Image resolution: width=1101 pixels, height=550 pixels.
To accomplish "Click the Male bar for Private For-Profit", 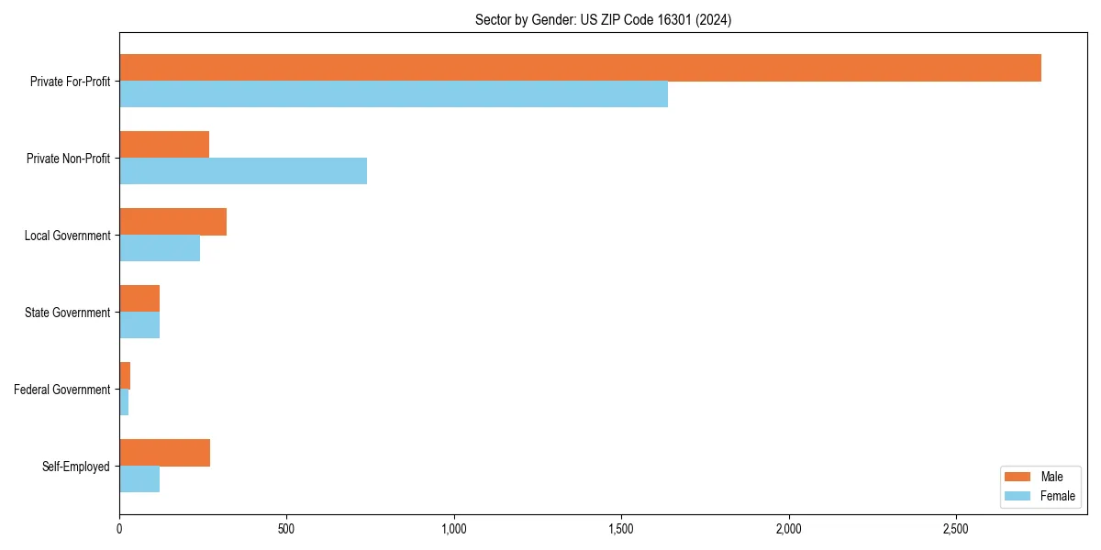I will coord(580,68).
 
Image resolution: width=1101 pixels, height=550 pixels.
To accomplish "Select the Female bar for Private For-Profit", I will coord(394,94).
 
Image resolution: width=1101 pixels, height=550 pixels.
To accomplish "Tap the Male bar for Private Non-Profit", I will coord(164,145).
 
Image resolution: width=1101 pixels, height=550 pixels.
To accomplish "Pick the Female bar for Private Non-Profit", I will coord(243,171).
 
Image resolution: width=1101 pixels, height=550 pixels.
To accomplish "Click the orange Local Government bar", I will coord(172,222).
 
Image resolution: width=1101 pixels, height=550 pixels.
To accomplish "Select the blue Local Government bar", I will coord(160,248).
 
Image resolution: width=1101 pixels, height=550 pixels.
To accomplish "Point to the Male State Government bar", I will coord(139,299).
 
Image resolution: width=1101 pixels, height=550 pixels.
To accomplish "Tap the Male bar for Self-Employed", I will coord(164,453).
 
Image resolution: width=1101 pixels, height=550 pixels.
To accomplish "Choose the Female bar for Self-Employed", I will coord(139,479).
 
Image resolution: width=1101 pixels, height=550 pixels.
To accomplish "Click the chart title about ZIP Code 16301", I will coord(603,19).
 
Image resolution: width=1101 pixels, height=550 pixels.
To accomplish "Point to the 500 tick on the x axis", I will coord(286,529).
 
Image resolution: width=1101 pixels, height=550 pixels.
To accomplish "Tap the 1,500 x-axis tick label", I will coord(621,529).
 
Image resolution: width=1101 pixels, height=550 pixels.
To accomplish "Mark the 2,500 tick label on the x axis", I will coord(956,529).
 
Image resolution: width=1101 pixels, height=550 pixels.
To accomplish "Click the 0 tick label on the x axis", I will coord(119,529).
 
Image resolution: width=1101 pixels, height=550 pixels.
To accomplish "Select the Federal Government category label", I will coord(62,390).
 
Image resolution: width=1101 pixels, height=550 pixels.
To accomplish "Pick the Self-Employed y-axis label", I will coord(76,467).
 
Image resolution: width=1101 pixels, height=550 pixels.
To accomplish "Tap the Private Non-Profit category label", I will coord(68,159).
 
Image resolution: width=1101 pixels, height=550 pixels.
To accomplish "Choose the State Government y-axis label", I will coord(68,313).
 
